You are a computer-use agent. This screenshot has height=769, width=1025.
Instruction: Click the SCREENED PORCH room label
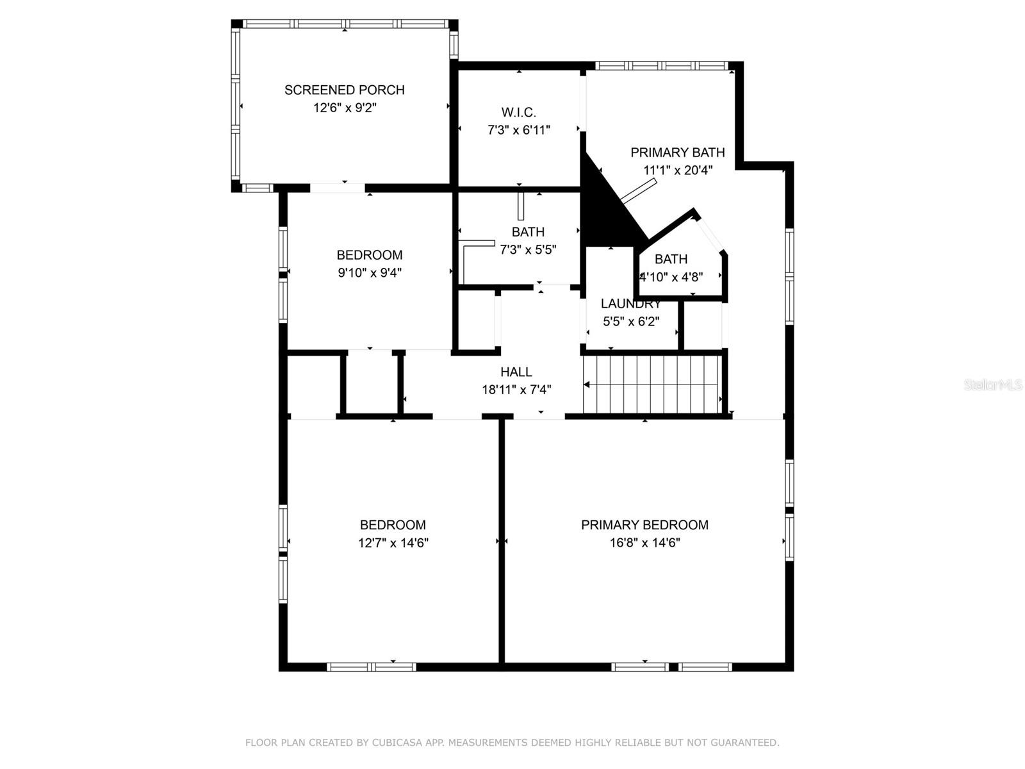[x=345, y=90]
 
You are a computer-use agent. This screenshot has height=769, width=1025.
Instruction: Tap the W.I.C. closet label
[x=518, y=113]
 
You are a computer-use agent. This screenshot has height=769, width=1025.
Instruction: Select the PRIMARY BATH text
[x=678, y=153]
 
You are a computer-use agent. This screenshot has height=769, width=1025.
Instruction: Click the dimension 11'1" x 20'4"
[x=678, y=170]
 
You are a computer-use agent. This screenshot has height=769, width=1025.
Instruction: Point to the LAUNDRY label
[x=630, y=304]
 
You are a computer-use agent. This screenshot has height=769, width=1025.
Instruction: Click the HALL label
[x=516, y=372]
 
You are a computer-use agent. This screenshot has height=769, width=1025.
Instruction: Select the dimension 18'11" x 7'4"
[x=516, y=390]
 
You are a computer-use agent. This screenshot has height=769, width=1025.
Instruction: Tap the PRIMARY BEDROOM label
[x=644, y=525]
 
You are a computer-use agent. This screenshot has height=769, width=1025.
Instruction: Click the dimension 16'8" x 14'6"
[x=644, y=543]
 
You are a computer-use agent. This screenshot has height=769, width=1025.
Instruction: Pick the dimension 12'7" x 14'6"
[x=393, y=543]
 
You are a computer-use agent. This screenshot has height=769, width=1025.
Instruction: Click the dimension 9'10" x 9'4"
[x=370, y=272]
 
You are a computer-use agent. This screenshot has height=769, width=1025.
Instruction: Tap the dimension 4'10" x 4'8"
[x=671, y=277]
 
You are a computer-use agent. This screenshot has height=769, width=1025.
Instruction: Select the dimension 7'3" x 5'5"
[x=528, y=250]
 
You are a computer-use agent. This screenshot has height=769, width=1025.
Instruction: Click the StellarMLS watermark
[x=992, y=385]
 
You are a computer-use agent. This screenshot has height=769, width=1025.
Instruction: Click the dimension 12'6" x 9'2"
[x=345, y=108]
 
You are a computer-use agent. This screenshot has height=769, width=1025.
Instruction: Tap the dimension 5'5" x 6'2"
[x=630, y=322]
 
